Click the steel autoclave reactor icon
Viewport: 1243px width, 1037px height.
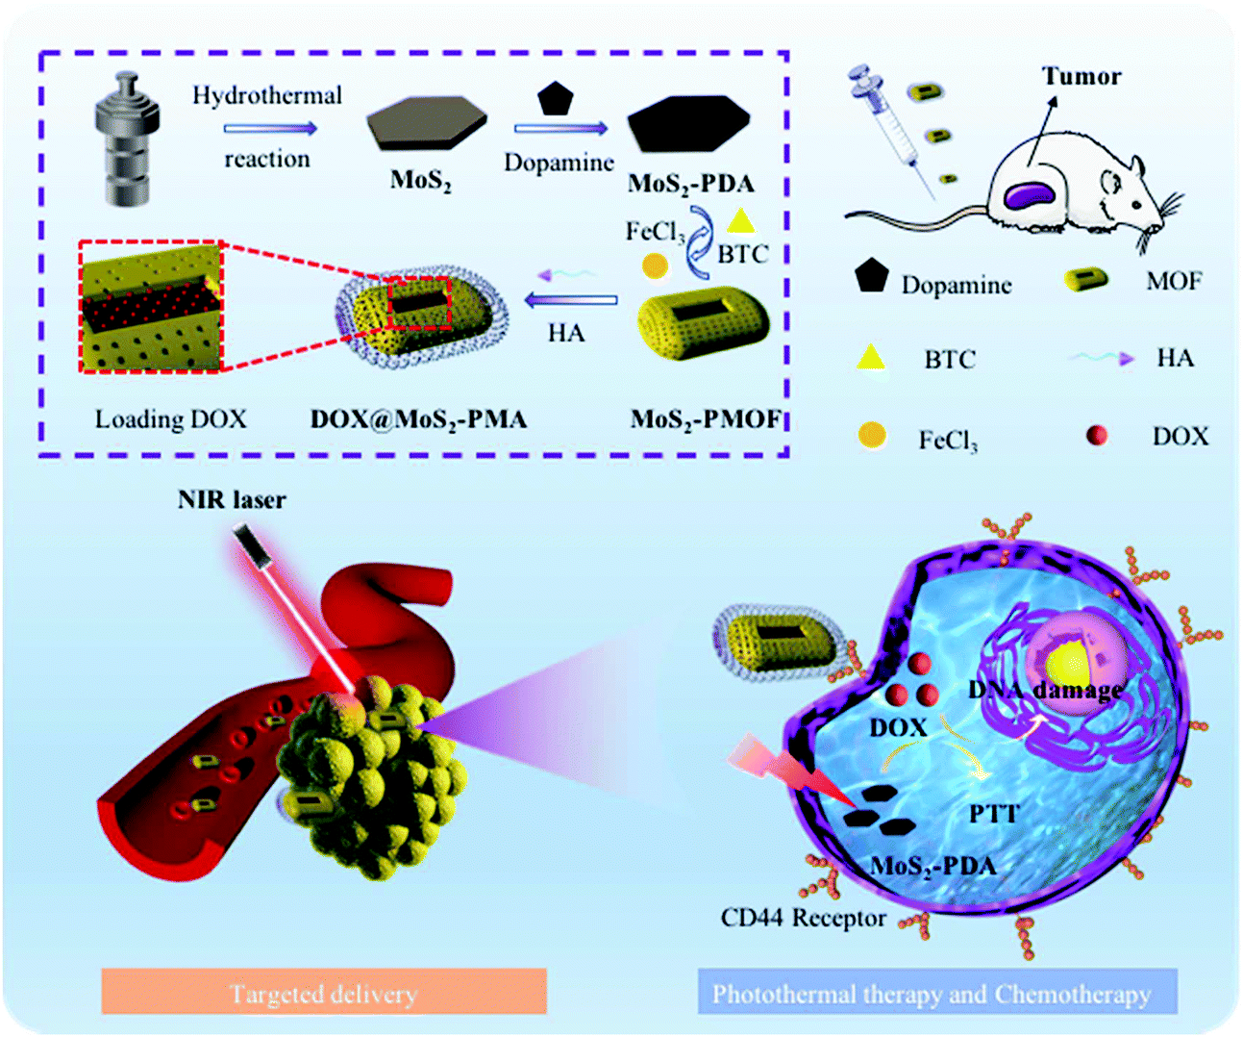[x=127, y=139]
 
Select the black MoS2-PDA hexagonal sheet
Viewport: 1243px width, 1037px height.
[x=686, y=125]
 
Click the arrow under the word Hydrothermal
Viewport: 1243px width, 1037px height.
[x=270, y=128]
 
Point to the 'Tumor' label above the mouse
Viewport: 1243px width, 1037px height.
[x=1081, y=77]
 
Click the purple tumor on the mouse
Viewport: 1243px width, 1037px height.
[x=1030, y=195]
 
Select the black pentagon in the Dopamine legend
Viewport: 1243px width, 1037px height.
[x=871, y=276]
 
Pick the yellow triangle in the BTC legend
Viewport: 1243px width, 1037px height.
[x=871, y=358]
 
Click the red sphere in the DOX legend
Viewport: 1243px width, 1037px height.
[x=1096, y=436]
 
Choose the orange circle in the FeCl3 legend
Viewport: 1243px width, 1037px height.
[x=872, y=435]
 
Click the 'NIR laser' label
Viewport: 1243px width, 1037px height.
[x=232, y=499]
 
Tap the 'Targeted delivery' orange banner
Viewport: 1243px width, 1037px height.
[x=323, y=993]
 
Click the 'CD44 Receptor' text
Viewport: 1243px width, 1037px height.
[x=803, y=918]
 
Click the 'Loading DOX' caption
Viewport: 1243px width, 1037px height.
[x=170, y=419]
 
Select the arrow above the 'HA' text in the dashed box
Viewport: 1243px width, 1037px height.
[x=571, y=300]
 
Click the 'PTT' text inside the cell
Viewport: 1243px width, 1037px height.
[x=993, y=814]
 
